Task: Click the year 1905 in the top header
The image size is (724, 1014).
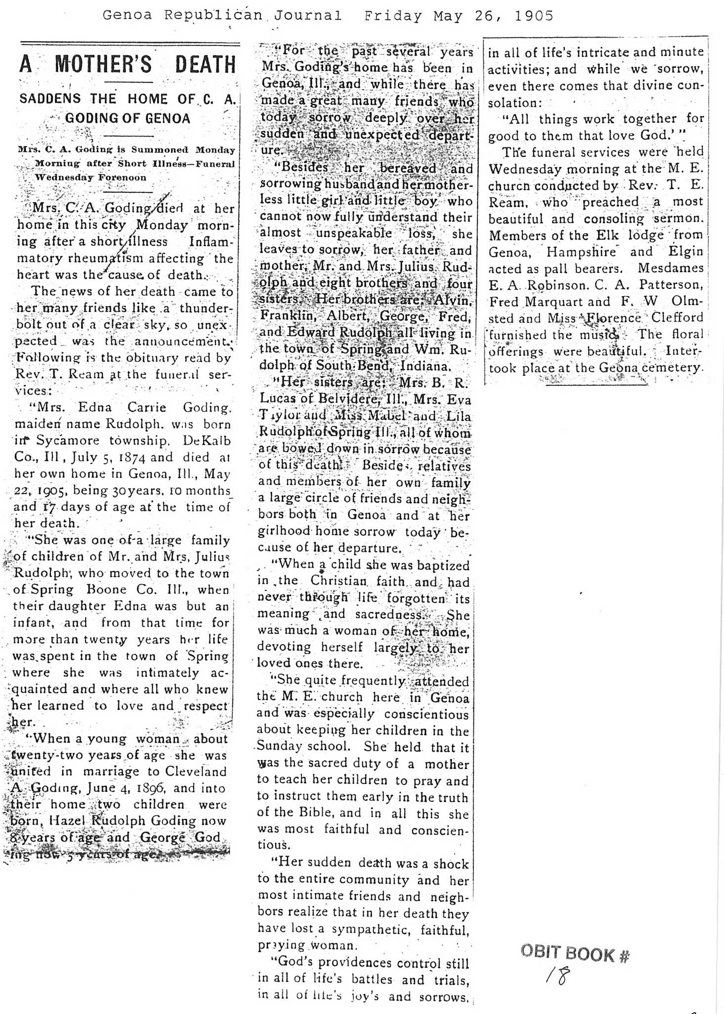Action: (x=534, y=16)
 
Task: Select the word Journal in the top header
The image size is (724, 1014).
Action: (x=309, y=16)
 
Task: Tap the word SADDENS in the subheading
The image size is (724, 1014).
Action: (x=50, y=98)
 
